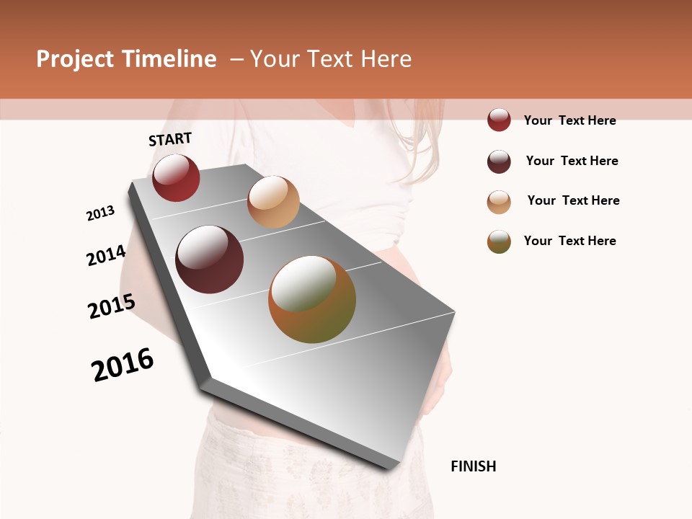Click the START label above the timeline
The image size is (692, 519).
170,139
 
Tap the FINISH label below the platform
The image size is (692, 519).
474,466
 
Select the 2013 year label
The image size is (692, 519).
101,213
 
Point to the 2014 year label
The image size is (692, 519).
107,256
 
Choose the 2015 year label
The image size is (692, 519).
112,307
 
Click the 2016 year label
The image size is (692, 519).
123,365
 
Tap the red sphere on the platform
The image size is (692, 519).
176,178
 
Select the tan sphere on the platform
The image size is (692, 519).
273,202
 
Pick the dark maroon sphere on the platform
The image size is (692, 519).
210,259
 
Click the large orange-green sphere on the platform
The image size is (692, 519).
312,299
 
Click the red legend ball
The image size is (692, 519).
499,120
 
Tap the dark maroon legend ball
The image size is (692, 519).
499,161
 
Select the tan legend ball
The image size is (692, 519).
499,202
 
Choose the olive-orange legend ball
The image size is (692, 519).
499,241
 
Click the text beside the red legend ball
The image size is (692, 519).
569,120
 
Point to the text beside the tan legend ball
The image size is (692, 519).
573,200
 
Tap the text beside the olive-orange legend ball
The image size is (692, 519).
569,241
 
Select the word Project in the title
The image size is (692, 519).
76,59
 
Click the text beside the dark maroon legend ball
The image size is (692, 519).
572,161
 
